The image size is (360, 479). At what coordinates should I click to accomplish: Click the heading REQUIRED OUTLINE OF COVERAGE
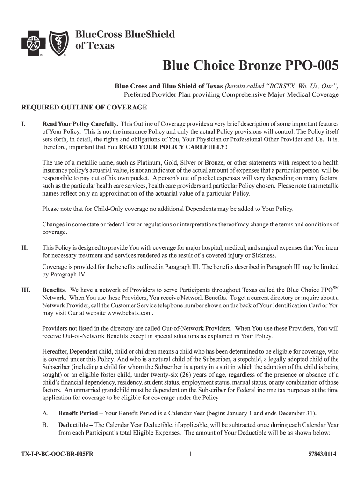pyautogui.click(x=85, y=108)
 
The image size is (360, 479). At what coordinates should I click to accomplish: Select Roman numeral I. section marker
pyautogui.click(x=23, y=124)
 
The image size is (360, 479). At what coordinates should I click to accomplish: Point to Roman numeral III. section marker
pyautogui.click(x=26, y=290)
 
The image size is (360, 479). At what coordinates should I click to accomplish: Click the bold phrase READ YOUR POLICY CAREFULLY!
pyautogui.click(x=173, y=147)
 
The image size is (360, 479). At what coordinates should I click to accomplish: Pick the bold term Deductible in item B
pyautogui.click(x=74, y=425)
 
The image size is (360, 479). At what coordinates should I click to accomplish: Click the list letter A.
pyautogui.click(x=45, y=414)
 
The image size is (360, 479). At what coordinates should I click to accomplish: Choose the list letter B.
pyautogui.click(x=45, y=425)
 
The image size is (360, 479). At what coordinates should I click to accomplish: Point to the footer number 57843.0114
pyautogui.click(x=323, y=454)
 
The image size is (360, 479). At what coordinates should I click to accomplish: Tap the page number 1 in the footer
pyautogui.click(x=191, y=454)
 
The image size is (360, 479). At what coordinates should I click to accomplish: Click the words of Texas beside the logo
pyautogui.click(x=94, y=46)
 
